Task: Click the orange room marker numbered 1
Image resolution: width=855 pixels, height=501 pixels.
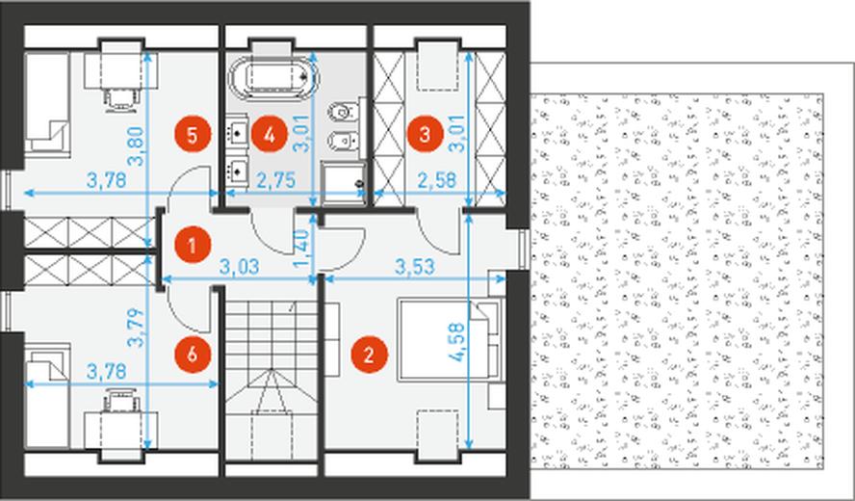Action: (192, 245)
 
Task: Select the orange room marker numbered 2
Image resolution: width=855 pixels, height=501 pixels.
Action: (369, 356)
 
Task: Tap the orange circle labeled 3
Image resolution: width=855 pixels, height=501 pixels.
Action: (425, 134)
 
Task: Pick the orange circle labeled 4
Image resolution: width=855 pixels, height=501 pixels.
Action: (269, 134)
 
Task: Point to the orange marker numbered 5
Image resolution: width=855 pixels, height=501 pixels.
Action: (192, 134)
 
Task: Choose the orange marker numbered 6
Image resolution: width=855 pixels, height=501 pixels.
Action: (192, 356)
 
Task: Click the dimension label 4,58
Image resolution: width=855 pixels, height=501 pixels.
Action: (456, 342)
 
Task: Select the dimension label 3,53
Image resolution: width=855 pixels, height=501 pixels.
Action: (415, 267)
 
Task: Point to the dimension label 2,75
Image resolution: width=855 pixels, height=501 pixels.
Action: (275, 180)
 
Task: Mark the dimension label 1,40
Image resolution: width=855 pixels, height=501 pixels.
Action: (300, 249)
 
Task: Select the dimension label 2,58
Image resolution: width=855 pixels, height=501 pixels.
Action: (437, 180)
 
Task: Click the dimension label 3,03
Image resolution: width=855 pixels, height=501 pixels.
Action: (239, 267)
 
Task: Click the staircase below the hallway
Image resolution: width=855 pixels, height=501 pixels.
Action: (272, 381)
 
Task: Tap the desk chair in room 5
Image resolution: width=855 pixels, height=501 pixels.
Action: (120, 99)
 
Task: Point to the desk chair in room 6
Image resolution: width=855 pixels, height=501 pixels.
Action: (120, 401)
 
